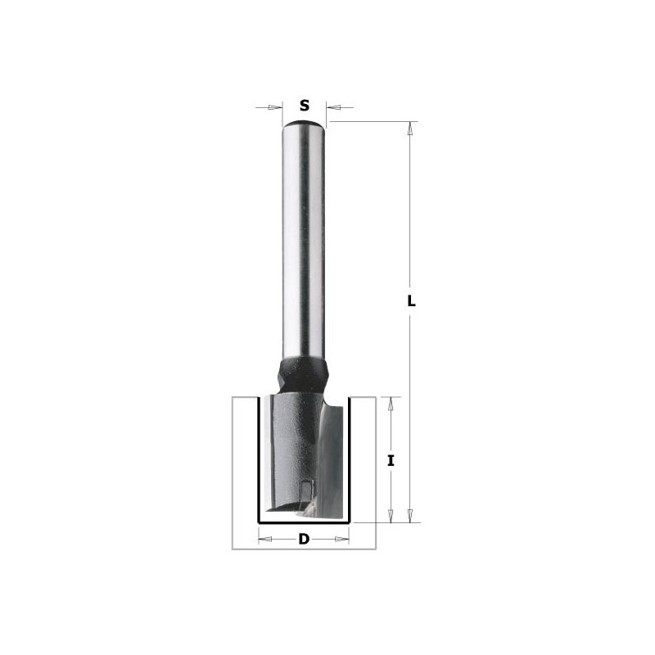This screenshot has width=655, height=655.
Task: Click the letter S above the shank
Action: click(x=305, y=106)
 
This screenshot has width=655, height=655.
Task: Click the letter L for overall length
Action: click(x=412, y=300)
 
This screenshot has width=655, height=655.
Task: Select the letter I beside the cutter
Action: click(x=391, y=461)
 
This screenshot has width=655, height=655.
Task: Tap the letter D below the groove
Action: click(x=304, y=540)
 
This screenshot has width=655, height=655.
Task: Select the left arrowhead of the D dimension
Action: click(x=265, y=540)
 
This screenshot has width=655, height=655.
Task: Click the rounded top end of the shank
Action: click(x=305, y=124)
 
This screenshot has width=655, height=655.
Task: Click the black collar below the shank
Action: click(x=305, y=373)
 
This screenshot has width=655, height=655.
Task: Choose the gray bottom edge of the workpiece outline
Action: click(x=305, y=548)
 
